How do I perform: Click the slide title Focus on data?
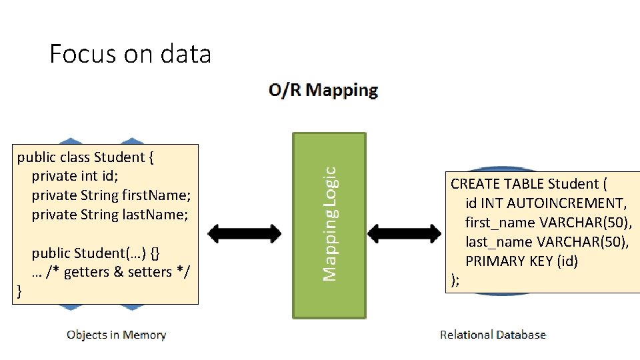130,53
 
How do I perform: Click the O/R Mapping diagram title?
323,90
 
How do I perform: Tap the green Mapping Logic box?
329,225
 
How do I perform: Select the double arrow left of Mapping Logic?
245,233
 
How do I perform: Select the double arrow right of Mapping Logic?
404,233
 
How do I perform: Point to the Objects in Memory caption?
116,335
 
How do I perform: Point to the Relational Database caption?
493,335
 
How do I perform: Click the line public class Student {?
86,157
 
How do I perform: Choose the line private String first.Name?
111,195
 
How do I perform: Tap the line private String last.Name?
110,215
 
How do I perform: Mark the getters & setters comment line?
111,272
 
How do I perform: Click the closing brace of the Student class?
19,291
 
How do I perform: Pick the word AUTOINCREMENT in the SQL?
575,203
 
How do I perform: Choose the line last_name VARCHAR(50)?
547,241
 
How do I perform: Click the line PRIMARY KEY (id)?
521,261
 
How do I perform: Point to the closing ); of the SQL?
455,280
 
